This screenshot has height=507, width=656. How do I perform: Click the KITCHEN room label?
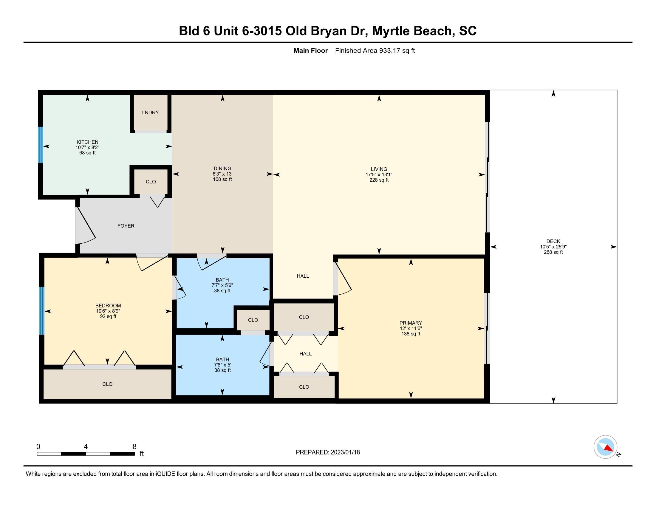pyautogui.click(x=87, y=142)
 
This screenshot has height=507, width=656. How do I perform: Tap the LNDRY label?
pyautogui.click(x=151, y=112)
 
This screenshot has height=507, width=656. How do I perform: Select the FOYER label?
pyautogui.click(x=126, y=226)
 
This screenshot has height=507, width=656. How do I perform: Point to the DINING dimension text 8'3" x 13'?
pyautogui.click(x=222, y=174)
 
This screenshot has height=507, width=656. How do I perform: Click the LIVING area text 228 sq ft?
pyautogui.click(x=379, y=180)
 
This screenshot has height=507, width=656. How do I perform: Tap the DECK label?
pyautogui.click(x=553, y=241)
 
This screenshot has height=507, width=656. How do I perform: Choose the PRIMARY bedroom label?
pyautogui.click(x=411, y=323)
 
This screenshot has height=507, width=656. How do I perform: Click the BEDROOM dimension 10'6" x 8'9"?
pyautogui.click(x=108, y=311)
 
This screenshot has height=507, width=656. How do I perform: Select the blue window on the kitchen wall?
pyautogui.click(x=41, y=145)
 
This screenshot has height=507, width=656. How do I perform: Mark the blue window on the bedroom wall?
pyautogui.click(x=42, y=311)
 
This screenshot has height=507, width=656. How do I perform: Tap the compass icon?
pyautogui.click(x=605, y=447)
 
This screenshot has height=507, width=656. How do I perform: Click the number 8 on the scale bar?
pyautogui.click(x=134, y=447)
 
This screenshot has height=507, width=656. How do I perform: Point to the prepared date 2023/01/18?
pyautogui.click(x=345, y=452)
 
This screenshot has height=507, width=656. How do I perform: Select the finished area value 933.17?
pyautogui.click(x=390, y=50)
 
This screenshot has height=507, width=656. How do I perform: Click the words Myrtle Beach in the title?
pyautogui.click(x=412, y=31)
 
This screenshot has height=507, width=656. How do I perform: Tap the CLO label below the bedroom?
pyautogui.click(x=107, y=384)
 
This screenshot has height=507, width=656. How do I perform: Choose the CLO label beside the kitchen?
pyautogui.click(x=151, y=182)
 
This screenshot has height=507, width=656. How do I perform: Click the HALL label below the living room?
pyautogui.click(x=303, y=276)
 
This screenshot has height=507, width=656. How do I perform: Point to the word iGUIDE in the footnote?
pyautogui.click(x=165, y=474)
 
